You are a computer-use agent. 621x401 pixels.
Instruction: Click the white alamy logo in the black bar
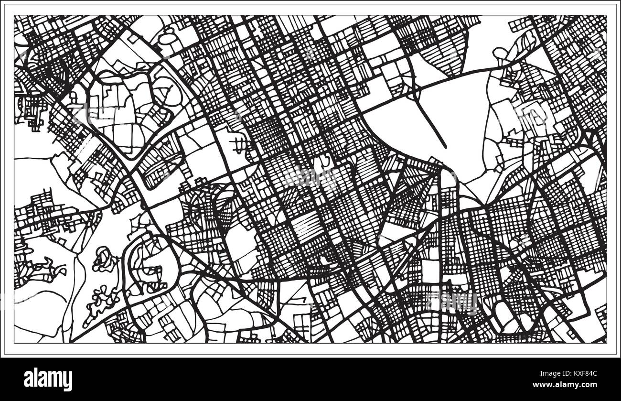click(48, 379)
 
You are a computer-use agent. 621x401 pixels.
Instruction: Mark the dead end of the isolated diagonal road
click(445, 146)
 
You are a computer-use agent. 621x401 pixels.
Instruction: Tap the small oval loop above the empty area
click(499, 53)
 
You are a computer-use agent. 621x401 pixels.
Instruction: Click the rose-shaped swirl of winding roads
click(105, 260)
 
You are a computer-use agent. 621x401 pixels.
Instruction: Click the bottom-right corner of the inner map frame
click(606, 343)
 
